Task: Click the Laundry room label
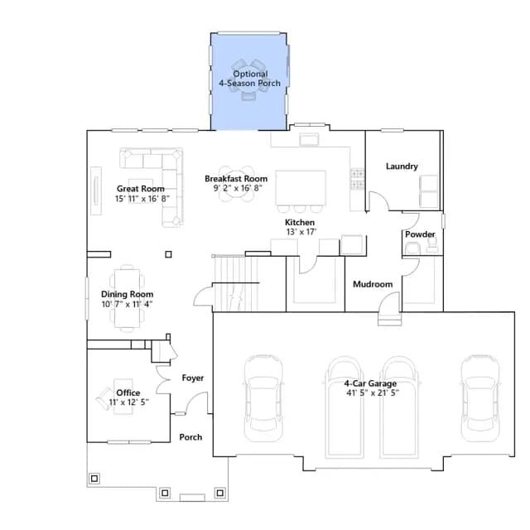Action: click(x=402, y=166)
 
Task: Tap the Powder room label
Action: click(x=420, y=234)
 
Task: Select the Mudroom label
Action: click(x=373, y=284)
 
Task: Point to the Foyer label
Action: click(x=193, y=378)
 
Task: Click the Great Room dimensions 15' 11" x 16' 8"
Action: click(x=142, y=199)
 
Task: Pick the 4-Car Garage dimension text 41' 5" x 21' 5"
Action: click(x=373, y=393)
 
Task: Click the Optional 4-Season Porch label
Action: click(x=250, y=79)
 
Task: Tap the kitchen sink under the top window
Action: click(x=309, y=139)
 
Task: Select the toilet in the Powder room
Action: click(x=412, y=248)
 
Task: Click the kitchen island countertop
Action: click(x=301, y=188)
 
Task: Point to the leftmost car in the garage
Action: click(x=263, y=398)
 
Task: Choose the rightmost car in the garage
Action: click(x=480, y=398)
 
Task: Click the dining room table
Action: click(x=127, y=298)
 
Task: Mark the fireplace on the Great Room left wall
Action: click(x=96, y=190)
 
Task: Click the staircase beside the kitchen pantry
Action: click(x=234, y=283)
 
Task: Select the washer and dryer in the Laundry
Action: click(x=429, y=191)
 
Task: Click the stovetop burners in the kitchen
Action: click(x=357, y=179)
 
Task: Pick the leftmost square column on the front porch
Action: click(x=94, y=479)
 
